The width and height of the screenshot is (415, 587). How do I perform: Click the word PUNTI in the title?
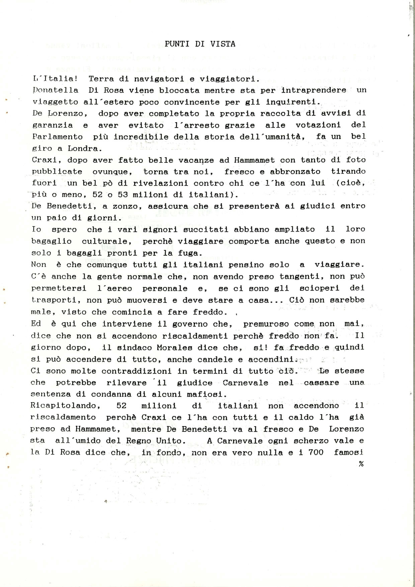tap(177, 44)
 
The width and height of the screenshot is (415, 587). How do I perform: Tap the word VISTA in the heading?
tap(223, 44)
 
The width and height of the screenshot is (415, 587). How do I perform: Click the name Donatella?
tap(56, 90)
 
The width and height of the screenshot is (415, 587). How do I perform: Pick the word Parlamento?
tap(57, 137)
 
